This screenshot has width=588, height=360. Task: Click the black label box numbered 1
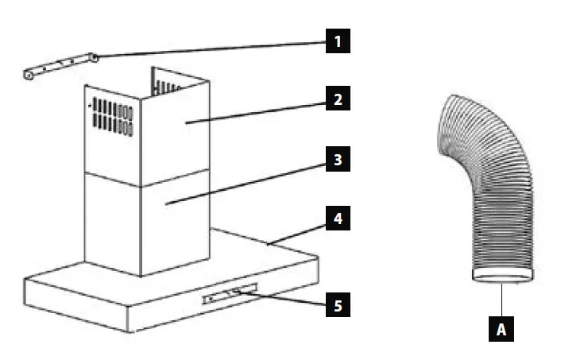click(338, 41)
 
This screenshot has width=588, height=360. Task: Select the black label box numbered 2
click(338, 100)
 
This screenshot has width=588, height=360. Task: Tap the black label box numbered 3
click(338, 160)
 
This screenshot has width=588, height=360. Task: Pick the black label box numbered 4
click(338, 219)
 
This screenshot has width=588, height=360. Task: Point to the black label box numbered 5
click(338, 304)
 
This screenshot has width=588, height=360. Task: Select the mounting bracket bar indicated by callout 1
click(60, 66)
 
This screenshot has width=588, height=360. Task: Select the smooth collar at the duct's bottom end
click(501, 276)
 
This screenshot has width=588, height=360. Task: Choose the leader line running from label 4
click(298, 231)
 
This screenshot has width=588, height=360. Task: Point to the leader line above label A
click(501, 300)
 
